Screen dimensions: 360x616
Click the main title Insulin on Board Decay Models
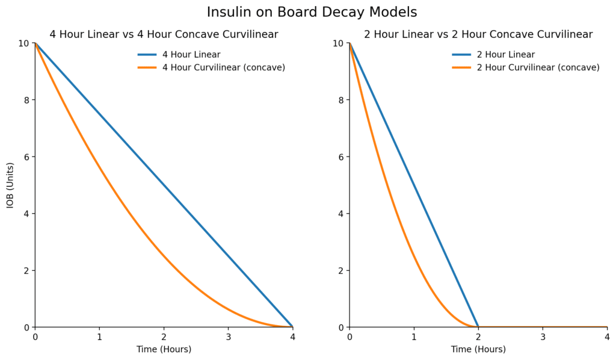coord(312,12)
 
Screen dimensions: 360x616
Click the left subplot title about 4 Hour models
coord(164,34)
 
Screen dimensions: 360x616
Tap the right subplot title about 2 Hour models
coord(478,34)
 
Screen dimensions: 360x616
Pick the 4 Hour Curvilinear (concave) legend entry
coord(223,67)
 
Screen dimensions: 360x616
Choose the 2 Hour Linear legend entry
coord(505,55)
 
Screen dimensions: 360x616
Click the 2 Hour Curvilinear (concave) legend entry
coord(538,67)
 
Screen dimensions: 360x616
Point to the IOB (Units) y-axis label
coord(10,185)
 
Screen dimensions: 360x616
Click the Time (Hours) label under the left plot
coord(164,349)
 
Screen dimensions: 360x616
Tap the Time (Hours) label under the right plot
coord(478,349)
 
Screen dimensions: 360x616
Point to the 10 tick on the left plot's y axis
coord(23,43)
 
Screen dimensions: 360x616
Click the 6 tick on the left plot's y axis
coord(26,157)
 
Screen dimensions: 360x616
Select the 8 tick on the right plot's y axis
coord(340,100)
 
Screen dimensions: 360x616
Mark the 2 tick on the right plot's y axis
coord(340,271)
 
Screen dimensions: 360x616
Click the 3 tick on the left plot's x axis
coord(228,338)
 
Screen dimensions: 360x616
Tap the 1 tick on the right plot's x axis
coord(414,338)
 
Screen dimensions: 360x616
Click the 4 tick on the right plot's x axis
coord(607,338)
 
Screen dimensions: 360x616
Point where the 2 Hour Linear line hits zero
coord(478,327)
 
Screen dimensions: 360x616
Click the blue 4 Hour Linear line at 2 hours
coord(164,185)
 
